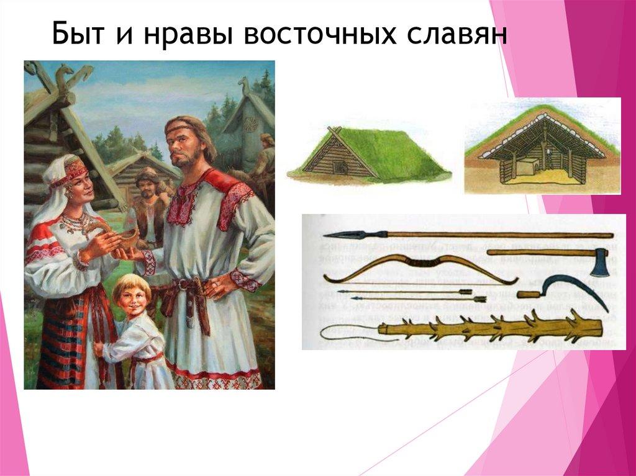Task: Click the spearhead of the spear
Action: click(338, 235)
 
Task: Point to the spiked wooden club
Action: click(491, 327)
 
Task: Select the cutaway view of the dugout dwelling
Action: click(542, 148)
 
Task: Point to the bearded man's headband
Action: click(181, 130)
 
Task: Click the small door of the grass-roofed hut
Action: click(339, 167)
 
